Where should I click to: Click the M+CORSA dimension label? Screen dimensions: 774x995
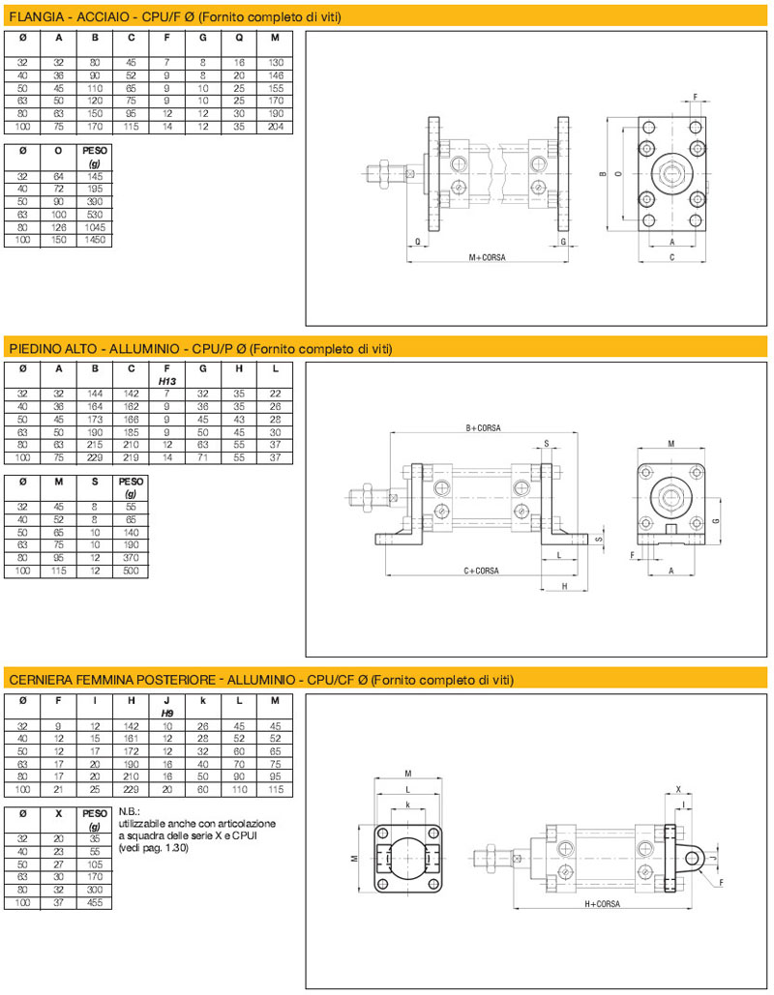pos(487,257)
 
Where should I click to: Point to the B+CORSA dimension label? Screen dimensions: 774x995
pos(483,428)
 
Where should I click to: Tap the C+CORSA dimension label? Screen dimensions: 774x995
pos(481,571)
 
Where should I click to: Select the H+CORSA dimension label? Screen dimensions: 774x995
pos(602,903)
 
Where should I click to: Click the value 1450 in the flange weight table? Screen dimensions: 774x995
pos(95,240)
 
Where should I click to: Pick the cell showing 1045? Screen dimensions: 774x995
pos(95,227)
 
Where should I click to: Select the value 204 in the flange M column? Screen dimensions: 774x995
pos(276,127)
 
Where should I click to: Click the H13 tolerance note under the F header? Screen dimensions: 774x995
pos(167,381)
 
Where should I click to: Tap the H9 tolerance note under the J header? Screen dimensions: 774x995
pos(167,714)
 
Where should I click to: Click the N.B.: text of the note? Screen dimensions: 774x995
pos(129,811)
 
